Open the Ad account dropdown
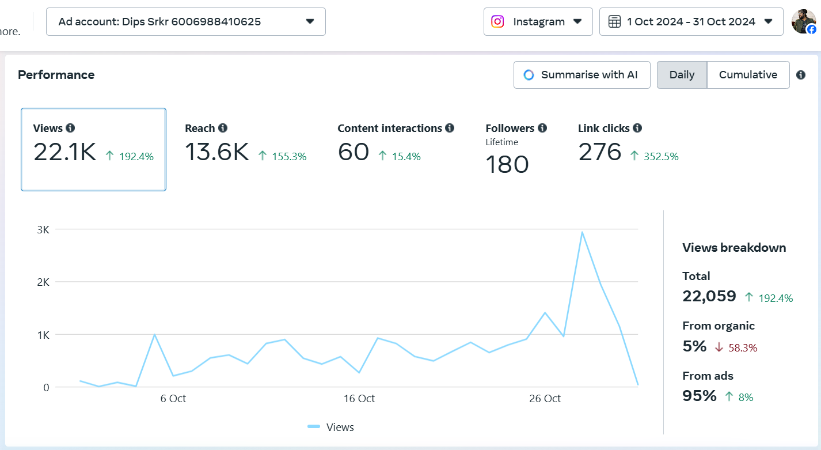(x=186, y=22)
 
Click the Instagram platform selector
(x=538, y=22)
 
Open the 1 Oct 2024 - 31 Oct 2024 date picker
(x=691, y=22)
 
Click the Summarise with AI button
(x=581, y=75)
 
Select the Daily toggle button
(x=682, y=75)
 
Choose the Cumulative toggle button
(x=748, y=75)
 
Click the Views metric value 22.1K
(x=64, y=152)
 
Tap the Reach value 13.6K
(x=216, y=152)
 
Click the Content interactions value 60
(x=354, y=152)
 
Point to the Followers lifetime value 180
(x=507, y=164)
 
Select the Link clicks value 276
(x=599, y=152)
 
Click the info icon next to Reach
(x=223, y=128)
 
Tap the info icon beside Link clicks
(x=637, y=128)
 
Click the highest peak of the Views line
(x=582, y=232)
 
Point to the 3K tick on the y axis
(x=43, y=230)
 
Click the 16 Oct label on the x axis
(x=359, y=399)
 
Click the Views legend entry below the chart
(x=330, y=428)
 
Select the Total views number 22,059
(x=709, y=296)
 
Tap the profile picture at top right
(x=803, y=22)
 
